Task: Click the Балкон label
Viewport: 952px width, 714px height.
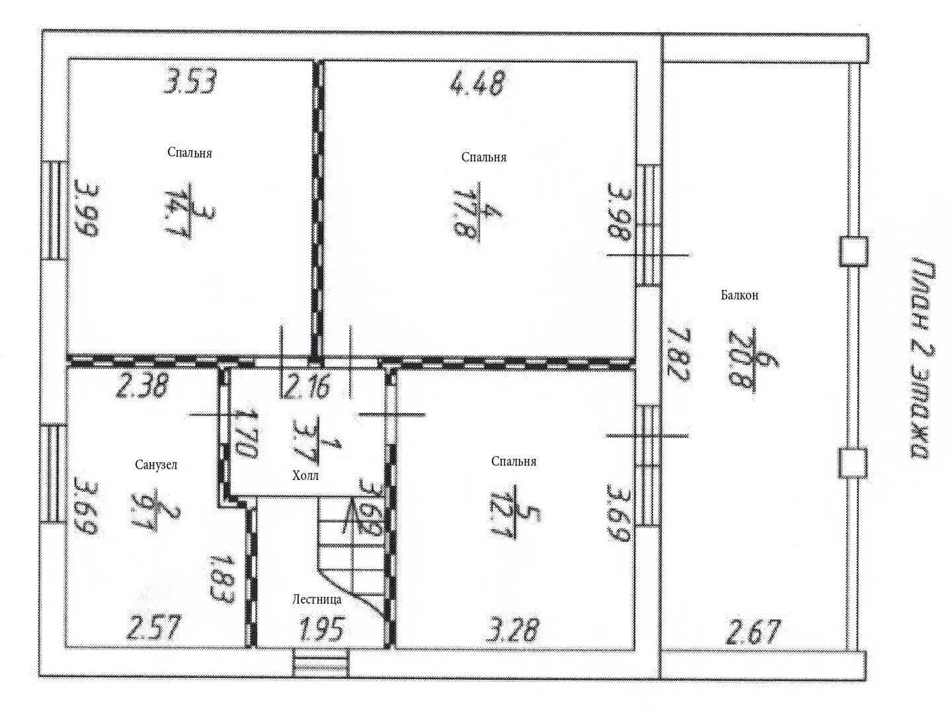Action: point(740,296)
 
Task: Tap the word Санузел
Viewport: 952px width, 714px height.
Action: point(156,465)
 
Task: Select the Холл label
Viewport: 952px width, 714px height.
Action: point(305,476)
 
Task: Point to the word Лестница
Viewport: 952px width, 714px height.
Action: point(317,600)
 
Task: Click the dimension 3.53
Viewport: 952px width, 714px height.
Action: point(189,81)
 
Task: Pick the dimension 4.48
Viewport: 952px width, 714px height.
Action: point(477,83)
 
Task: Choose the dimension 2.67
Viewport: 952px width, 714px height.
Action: point(752,633)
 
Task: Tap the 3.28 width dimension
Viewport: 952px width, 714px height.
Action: point(512,630)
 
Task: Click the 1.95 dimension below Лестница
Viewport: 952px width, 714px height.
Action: point(322,628)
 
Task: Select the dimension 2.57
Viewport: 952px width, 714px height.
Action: point(152,627)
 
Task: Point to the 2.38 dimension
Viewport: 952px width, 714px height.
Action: point(141,385)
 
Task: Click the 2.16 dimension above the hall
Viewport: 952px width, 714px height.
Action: point(306,386)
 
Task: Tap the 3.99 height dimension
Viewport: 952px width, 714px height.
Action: point(87,208)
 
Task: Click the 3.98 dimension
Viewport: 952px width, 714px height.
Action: point(619,212)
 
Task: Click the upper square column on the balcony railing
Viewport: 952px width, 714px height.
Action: point(853,251)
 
